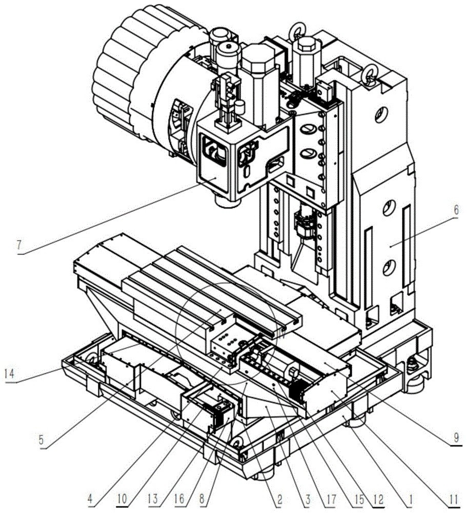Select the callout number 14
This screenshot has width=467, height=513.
(x=10, y=373)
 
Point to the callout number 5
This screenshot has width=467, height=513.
(x=41, y=440)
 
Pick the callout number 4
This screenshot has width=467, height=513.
(x=91, y=499)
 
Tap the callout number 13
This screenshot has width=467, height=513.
(x=153, y=499)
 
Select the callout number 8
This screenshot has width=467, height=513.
(x=202, y=499)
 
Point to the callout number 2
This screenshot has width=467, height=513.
(x=279, y=499)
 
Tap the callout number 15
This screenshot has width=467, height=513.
(x=358, y=499)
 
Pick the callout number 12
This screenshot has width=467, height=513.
(x=379, y=499)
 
